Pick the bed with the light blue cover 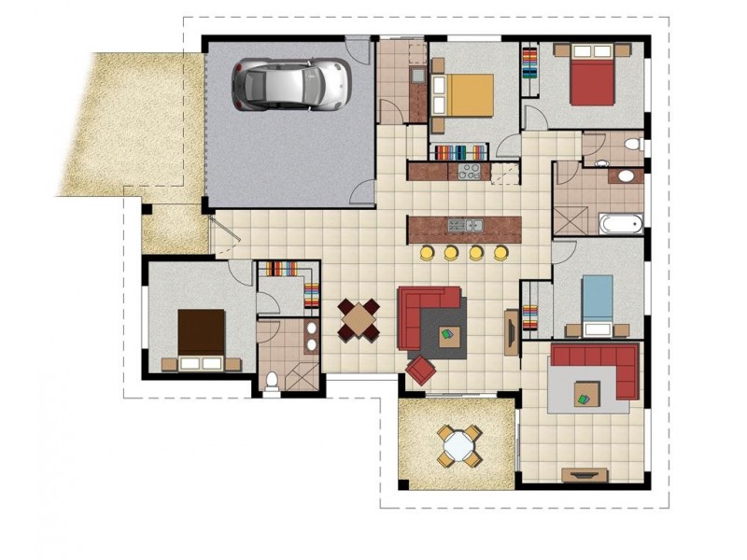pyautogui.click(x=598, y=301)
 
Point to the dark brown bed pyautogui.click(x=202, y=334)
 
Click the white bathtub pyautogui.click(x=620, y=223)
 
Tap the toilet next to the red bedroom pyautogui.click(x=632, y=146)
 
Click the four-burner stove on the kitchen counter pyautogui.click(x=469, y=172)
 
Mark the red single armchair pyautogui.click(x=420, y=370)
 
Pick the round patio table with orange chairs pyautogui.click(x=458, y=445)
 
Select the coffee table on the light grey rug pyautogui.click(x=587, y=392)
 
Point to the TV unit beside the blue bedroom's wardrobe pyautogui.click(x=511, y=331)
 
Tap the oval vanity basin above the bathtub pyautogui.click(x=625, y=176)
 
